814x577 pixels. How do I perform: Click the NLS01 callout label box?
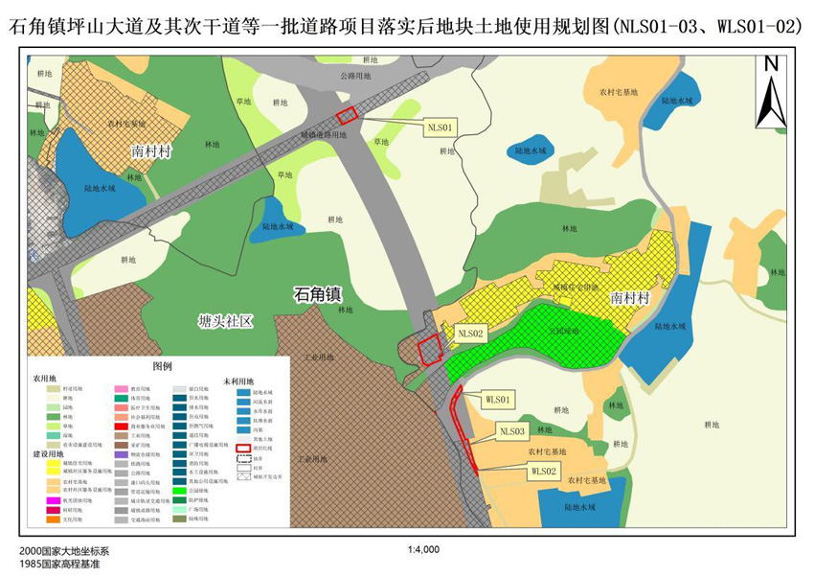click(x=442, y=125)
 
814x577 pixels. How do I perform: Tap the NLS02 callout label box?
click(x=472, y=333)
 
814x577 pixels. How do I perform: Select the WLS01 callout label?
click(x=500, y=398)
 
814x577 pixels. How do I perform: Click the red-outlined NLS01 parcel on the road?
click(x=347, y=114)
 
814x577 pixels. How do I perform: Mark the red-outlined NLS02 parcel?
click(x=428, y=349)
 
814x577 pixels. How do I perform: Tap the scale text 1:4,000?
click(x=422, y=550)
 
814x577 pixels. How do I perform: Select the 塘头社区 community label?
click(x=225, y=321)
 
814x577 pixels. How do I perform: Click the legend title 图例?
click(x=162, y=367)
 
